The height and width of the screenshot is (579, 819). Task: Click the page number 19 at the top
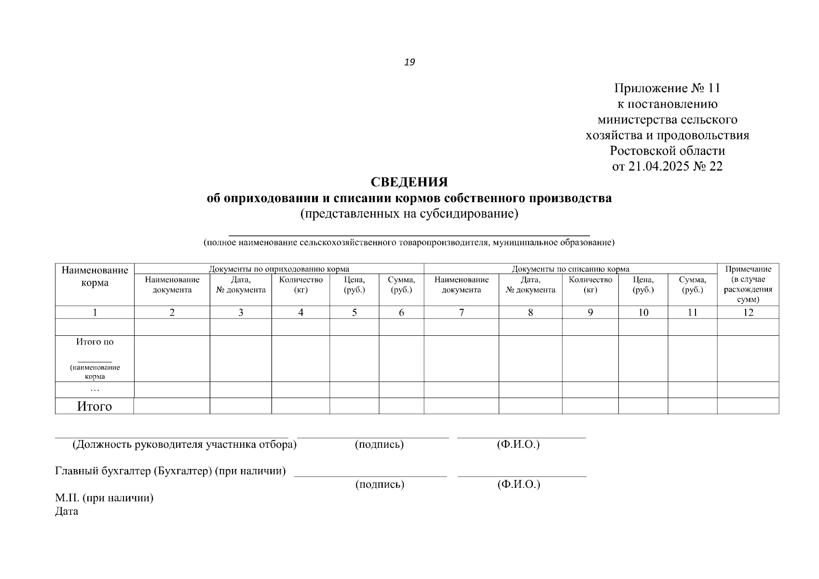click(x=409, y=62)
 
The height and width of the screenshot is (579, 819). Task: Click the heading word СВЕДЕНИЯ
click(x=409, y=182)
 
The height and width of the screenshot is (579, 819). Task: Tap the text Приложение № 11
click(x=667, y=88)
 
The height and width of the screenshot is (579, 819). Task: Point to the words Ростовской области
click(x=667, y=151)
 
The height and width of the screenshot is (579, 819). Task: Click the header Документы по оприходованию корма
click(x=279, y=269)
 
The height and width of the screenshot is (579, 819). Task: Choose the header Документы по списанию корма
click(x=570, y=269)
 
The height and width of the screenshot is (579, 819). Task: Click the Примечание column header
click(x=748, y=269)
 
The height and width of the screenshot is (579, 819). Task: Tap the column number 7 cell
click(x=462, y=313)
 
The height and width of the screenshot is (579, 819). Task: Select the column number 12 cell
click(x=748, y=313)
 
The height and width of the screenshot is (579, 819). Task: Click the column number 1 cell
click(x=95, y=313)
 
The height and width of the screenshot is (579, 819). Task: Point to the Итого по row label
click(x=95, y=342)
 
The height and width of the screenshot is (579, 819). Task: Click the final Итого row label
click(x=95, y=406)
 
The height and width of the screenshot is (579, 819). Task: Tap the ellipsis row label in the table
click(x=95, y=389)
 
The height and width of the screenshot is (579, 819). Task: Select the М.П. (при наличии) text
click(x=104, y=498)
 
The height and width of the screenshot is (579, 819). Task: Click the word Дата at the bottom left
click(x=67, y=511)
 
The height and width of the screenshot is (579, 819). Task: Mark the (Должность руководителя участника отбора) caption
click(x=184, y=445)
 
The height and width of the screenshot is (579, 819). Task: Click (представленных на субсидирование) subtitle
click(x=409, y=214)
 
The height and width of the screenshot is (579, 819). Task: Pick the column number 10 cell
click(x=643, y=313)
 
